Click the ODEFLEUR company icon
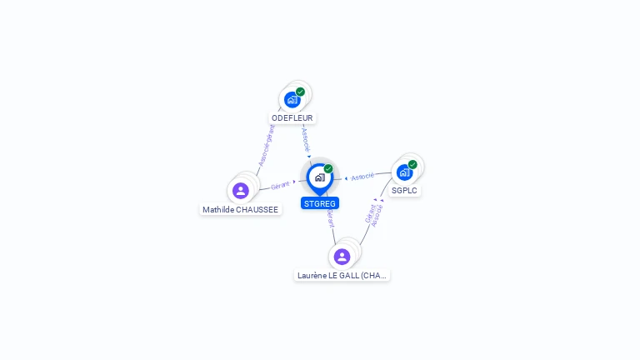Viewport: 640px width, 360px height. pos(292,100)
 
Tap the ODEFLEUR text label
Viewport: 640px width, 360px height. pos(292,118)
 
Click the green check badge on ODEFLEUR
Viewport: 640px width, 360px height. pos(300,92)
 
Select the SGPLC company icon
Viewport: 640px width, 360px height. pos(404,172)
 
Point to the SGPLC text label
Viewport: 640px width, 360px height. pos(404,191)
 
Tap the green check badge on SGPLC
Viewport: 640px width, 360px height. pos(412,164)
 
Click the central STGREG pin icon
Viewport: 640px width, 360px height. pos(319,177)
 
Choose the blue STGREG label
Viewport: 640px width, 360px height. pos(320,203)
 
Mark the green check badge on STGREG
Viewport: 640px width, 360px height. pos(328,168)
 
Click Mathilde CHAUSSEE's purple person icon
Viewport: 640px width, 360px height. pos(241,191)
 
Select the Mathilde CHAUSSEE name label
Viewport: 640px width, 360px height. pos(241,210)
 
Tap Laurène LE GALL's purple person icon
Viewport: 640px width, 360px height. pos(342,256)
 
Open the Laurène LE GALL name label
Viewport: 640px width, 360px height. pos(342,275)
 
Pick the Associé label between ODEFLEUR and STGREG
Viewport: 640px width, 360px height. pos(306,137)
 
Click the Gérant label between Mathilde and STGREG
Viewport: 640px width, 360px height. pos(280,185)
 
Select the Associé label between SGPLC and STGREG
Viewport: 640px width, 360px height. pos(362,177)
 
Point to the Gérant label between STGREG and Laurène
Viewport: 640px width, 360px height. pos(330,219)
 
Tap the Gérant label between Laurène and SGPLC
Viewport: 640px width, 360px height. pos(369,212)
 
